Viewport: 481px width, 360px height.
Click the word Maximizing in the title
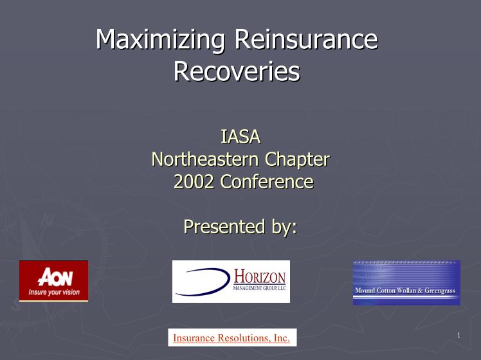click(x=160, y=40)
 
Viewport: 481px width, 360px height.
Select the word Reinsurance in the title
click(x=307, y=39)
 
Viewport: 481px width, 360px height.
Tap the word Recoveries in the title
click(x=237, y=71)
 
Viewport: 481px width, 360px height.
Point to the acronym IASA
click(x=240, y=137)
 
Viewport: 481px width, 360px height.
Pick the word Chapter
click(x=297, y=160)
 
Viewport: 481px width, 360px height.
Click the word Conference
click(x=267, y=181)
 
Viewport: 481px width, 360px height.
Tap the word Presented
click(x=224, y=227)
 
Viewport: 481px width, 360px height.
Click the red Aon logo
click(x=53, y=281)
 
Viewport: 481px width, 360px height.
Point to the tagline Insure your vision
click(x=54, y=292)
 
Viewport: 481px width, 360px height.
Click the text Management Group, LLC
click(x=260, y=288)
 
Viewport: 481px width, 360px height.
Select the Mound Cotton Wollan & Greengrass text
click(x=405, y=291)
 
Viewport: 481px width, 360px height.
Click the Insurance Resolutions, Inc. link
click(x=231, y=337)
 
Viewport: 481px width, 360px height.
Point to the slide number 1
click(x=459, y=336)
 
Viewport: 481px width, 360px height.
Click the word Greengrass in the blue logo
click(x=440, y=291)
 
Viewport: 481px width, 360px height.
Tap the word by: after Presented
click(x=284, y=227)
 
